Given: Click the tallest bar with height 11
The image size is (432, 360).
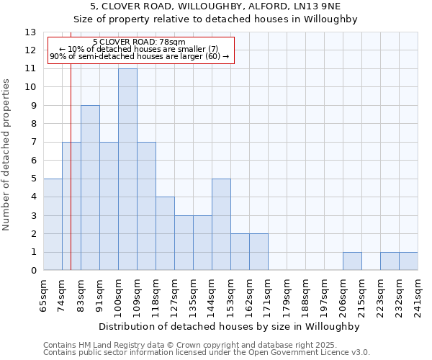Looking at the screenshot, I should coord(127,170).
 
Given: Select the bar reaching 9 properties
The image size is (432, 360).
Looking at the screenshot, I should coord(90,188).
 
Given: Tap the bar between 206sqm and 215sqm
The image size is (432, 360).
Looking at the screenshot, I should coord(352,261).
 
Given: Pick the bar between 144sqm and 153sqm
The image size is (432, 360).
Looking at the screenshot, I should coord(221,225).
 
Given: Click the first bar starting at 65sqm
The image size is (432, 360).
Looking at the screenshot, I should coord(53,225).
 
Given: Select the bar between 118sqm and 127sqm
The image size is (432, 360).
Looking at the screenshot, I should coord(165,234).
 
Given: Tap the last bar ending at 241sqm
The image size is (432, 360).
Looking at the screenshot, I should coord(408,261).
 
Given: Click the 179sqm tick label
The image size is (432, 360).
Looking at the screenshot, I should coord(287,294).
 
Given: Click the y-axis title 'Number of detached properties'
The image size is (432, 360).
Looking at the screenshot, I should coord(7,155).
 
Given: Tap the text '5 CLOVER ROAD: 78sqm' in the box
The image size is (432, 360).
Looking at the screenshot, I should coord(140,42).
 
